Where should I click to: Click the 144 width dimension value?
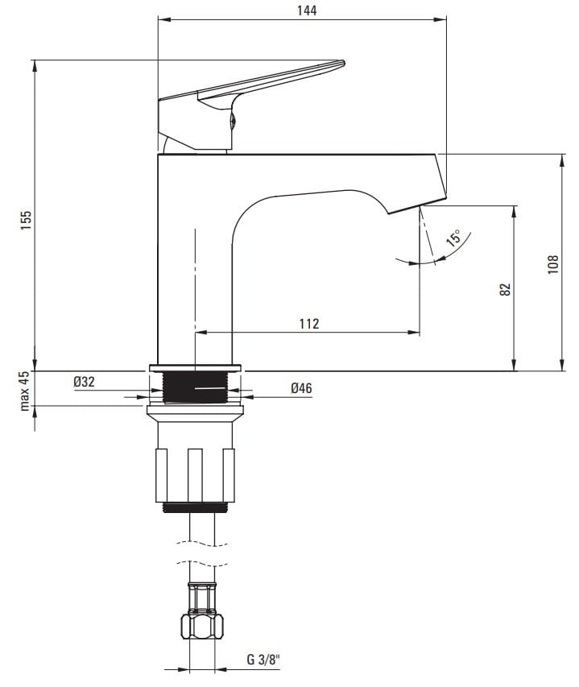pos(307,10)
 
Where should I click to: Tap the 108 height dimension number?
pos(553,264)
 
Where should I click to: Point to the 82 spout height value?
pos(505,289)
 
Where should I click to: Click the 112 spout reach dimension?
pos(309,323)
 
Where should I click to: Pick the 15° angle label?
pos(453,238)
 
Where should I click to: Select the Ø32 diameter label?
pos(84,382)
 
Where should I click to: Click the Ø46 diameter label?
pos(301,387)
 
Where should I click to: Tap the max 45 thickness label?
pos(25,391)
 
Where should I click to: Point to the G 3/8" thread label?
pos(263,660)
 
